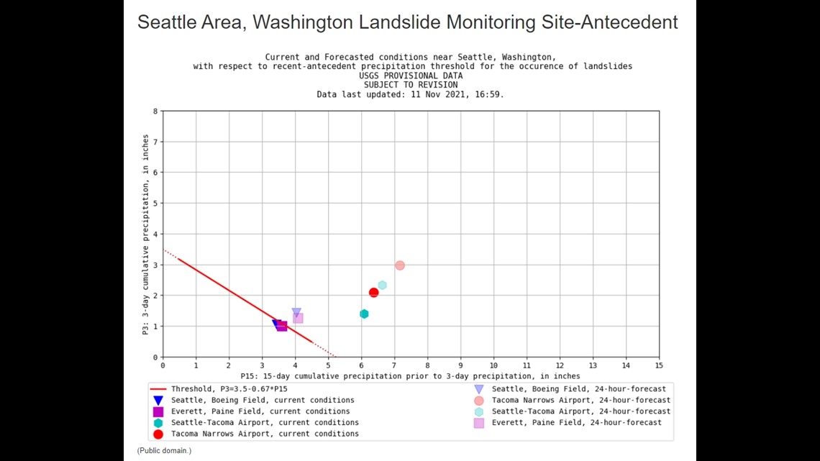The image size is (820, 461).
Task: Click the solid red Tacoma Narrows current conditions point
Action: tap(373, 293)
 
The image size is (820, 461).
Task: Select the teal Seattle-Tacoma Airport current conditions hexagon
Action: tap(364, 314)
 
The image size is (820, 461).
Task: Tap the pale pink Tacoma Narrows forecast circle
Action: tap(400, 265)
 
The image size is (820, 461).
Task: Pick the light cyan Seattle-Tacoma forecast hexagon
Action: tap(382, 286)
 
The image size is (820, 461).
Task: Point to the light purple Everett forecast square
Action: tap(298, 319)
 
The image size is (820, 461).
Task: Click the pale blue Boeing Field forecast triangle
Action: tap(296, 313)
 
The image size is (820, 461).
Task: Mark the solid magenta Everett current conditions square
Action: tap(283, 326)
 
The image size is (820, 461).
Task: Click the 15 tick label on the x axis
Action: tap(659, 365)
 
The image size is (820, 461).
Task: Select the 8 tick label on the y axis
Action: tap(155, 111)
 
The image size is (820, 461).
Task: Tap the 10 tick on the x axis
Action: tap(493, 365)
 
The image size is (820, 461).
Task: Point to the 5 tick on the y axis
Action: tap(155, 204)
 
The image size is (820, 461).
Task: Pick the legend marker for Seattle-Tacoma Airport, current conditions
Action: tap(158, 423)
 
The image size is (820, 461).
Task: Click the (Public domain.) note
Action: tap(164, 450)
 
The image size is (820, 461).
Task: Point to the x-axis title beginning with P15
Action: tap(411, 376)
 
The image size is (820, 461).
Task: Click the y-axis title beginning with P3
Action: tap(146, 234)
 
